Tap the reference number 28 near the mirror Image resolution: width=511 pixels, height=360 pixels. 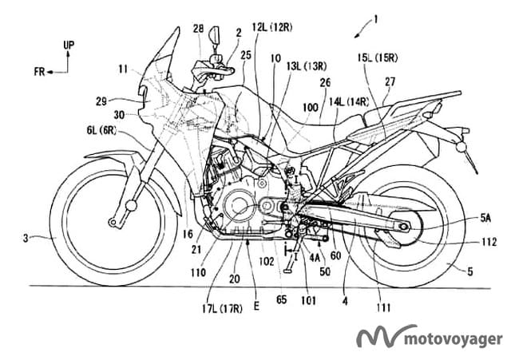pos(197,30)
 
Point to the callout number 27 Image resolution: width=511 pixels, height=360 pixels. pos(389,81)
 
